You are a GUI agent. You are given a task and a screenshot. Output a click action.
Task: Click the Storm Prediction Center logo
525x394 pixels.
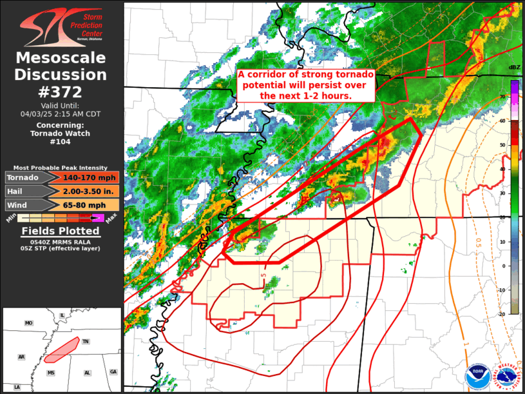[x=61, y=26]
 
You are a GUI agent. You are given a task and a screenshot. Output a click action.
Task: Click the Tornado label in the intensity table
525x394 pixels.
[x=23, y=178]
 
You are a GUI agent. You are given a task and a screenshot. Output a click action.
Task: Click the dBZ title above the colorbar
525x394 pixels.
[x=514, y=68]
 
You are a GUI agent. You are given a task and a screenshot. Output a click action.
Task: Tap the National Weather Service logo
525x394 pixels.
[x=506, y=375]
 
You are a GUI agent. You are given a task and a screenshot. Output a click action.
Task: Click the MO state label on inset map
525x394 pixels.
[x=28, y=323]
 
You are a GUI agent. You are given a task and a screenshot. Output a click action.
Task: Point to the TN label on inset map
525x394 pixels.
[x=86, y=342]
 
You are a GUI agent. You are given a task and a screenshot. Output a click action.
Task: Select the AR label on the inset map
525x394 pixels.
[x=21, y=357]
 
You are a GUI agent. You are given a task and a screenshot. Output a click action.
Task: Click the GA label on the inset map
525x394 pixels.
[x=113, y=371]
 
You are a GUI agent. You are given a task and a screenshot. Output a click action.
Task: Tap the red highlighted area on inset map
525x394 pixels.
[x=61, y=348]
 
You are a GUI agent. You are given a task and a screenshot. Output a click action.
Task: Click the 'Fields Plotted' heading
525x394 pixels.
[x=61, y=231]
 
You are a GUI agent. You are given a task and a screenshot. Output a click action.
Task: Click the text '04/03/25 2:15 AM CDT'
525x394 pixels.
[x=61, y=113]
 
